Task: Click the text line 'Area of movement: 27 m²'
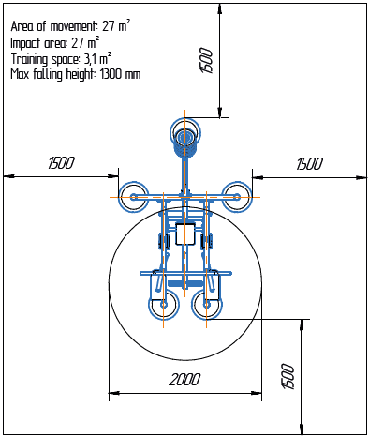[70, 26]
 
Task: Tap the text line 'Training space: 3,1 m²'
[65, 58]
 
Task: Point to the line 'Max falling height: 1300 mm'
[75, 74]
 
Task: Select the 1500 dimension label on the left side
[61, 163]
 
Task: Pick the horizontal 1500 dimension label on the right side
[308, 163]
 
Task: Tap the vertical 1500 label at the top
[208, 60]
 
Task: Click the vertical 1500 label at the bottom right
[290, 376]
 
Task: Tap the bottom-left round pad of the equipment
[163, 306]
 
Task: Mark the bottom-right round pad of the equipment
[207, 306]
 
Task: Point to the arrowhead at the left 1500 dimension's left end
[7, 174]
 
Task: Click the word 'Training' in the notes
[31, 58]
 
